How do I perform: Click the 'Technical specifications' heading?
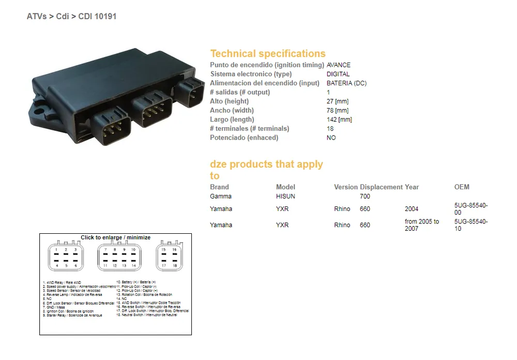tap(267, 53)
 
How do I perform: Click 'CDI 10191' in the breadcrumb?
tap(97, 16)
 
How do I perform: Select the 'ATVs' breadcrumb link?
tap(37, 16)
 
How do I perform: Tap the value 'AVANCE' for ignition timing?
tap(339, 65)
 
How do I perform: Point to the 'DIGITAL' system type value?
tap(338, 74)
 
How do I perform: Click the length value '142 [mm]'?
tap(339, 119)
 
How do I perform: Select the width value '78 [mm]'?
tap(338, 110)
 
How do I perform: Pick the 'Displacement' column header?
tap(381, 187)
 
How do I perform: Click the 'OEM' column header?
tap(462, 187)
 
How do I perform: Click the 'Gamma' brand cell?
tap(221, 197)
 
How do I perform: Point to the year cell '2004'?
tap(413, 209)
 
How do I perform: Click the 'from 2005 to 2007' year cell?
tap(422, 225)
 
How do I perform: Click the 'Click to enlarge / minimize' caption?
tap(115, 237)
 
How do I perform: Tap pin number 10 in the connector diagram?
tap(133, 250)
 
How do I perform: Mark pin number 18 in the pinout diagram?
tap(175, 265)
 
